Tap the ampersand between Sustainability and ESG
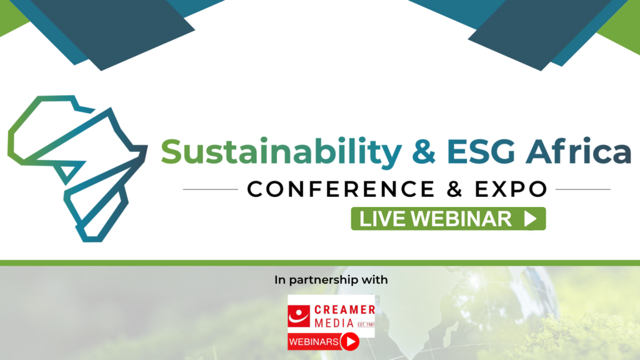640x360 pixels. (424, 151)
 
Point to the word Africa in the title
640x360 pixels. (578, 151)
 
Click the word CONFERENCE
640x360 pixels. (341, 189)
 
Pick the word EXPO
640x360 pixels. (511, 189)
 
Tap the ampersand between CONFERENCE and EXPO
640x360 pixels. (455, 189)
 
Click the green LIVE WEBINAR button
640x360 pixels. (448, 219)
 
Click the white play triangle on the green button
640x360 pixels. (530, 219)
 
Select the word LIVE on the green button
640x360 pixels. (383, 219)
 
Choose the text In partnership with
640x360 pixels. (331, 281)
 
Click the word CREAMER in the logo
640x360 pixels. (344, 310)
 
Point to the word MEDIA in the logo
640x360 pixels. (334, 323)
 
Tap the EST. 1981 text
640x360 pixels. (366, 324)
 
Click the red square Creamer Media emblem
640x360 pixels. (299, 316)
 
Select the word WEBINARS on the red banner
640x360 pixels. (314, 342)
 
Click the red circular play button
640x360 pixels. (350, 342)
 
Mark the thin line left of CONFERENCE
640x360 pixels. (210, 189)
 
